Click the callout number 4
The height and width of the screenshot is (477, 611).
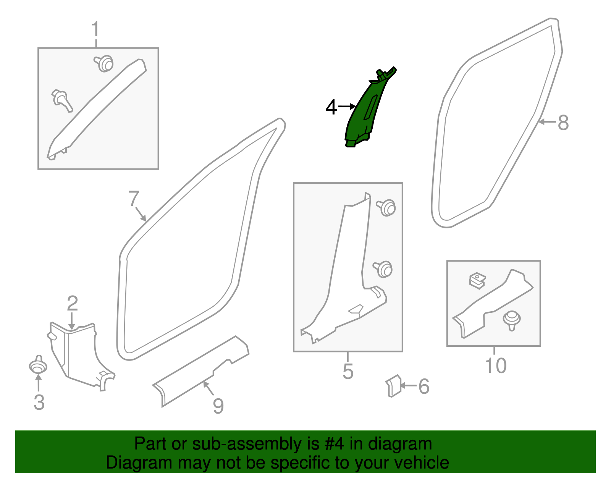click(331, 107)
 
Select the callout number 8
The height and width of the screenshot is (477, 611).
click(563, 123)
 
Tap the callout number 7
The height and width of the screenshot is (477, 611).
click(134, 199)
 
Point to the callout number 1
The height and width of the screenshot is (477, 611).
click(95, 29)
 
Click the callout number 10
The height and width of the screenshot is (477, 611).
click(495, 365)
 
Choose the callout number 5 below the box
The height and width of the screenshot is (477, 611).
click(348, 371)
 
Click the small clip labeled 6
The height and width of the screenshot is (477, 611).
click(394, 386)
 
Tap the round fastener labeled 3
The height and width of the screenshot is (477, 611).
click(38, 366)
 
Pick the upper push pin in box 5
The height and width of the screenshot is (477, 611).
click(386, 207)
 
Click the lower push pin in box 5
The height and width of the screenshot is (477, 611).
click(383, 269)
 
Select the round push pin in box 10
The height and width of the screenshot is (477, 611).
click(512, 319)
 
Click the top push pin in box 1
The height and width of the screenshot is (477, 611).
click(104, 63)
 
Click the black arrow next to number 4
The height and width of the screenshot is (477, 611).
click(347, 107)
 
